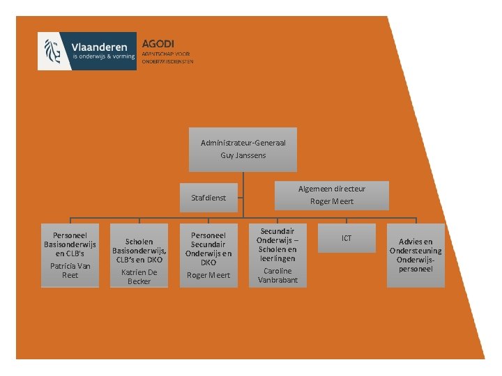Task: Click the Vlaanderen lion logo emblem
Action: tap(52, 50)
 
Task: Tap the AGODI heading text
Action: tap(158, 42)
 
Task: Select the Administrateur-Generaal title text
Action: tap(243, 143)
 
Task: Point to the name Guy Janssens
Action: tap(243, 155)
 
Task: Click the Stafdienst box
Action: tap(208, 198)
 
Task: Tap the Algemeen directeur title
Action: tap(332, 189)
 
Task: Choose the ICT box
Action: tap(347, 238)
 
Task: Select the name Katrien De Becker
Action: tap(139, 276)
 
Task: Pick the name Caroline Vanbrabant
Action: tap(277, 275)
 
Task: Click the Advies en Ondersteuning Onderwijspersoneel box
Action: tap(416, 256)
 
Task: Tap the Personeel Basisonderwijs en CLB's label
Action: tap(70, 240)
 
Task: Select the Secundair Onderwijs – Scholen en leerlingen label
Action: tap(277, 244)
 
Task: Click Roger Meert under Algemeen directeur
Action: tap(332, 201)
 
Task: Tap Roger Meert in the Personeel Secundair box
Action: tap(208, 276)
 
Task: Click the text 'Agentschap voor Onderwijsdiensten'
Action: tap(167, 57)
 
